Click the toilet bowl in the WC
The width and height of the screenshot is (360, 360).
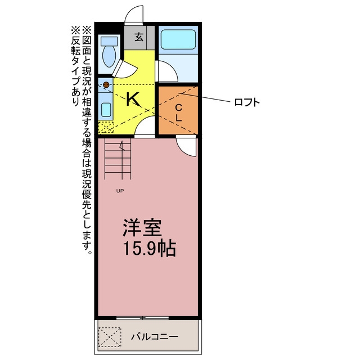(x=109, y=56)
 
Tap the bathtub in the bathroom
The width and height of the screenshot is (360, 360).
(x=178, y=39)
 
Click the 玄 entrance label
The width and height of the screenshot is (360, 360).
(x=139, y=37)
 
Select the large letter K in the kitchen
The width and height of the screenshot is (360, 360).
(x=133, y=99)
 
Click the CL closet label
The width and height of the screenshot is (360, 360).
(x=179, y=112)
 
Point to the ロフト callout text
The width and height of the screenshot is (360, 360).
(x=247, y=102)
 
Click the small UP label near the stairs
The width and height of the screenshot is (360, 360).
(x=120, y=191)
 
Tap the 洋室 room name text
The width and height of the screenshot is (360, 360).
(x=142, y=228)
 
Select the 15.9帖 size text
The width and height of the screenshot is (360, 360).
(x=150, y=248)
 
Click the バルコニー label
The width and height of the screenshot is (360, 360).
(x=155, y=337)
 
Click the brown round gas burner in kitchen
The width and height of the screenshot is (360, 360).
(x=106, y=85)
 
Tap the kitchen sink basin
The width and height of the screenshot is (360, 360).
(x=106, y=110)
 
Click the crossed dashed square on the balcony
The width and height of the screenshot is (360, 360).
(x=110, y=337)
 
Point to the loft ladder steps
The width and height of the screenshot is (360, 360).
(x=118, y=159)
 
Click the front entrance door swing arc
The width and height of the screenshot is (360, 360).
(x=133, y=13)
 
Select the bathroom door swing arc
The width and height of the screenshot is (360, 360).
(x=168, y=71)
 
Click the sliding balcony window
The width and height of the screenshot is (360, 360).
(x=142, y=318)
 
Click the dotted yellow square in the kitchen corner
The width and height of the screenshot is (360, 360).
(x=106, y=127)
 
